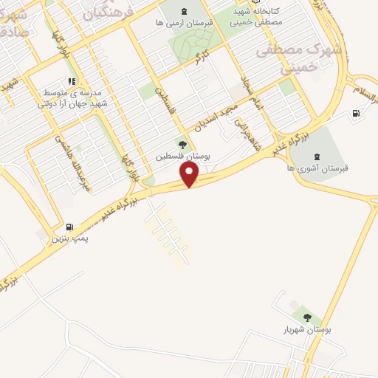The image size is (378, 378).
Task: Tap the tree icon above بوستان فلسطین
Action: coord(182,145)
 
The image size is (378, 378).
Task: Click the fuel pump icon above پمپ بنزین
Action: coord(69,227)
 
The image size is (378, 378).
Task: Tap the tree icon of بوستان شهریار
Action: coord(306,318)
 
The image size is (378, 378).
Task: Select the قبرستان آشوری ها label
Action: coord(319,168)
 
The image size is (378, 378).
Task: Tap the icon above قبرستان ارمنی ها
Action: coord(185,11)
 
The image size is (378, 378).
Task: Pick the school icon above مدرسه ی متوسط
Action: coord(71,82)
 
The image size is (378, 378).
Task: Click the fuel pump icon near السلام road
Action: coord(357,113)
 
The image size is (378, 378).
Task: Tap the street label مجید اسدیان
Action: coord(210,119)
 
